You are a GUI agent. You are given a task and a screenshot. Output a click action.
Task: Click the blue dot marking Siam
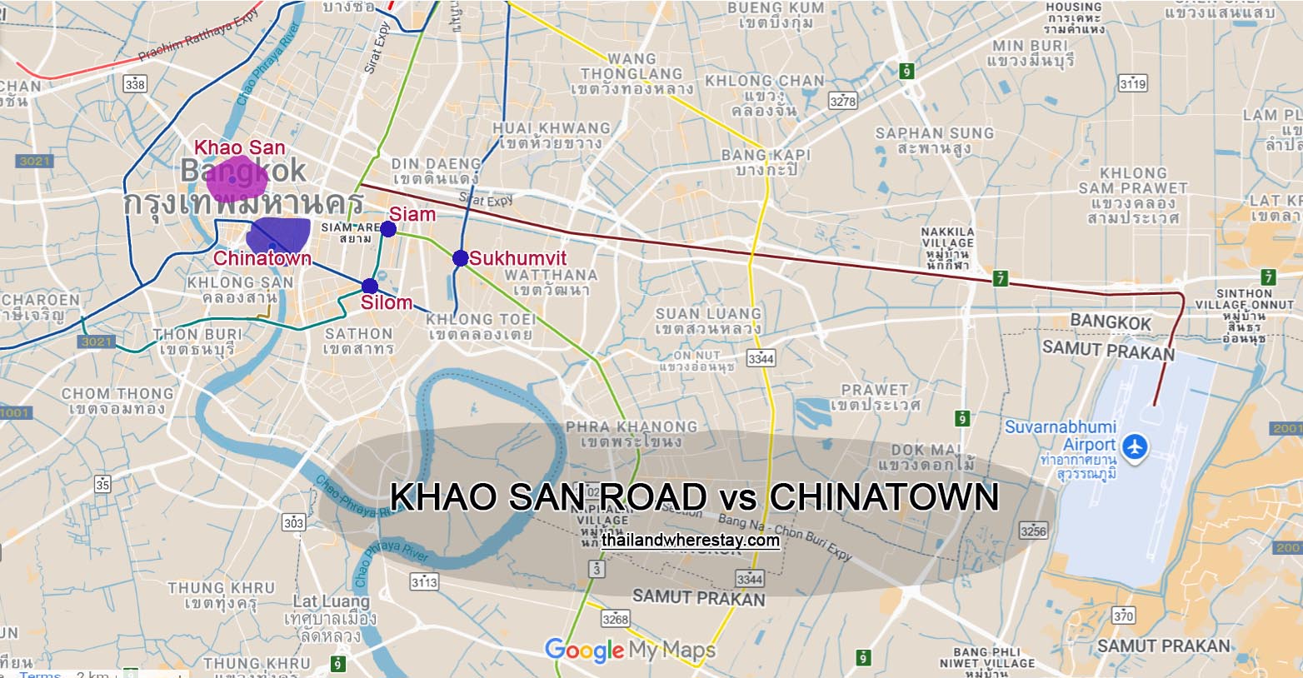(x=388, y=229)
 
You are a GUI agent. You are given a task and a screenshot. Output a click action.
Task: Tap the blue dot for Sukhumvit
(x=460, y=258)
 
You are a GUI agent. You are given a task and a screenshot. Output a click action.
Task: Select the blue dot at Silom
(x=370, y=286)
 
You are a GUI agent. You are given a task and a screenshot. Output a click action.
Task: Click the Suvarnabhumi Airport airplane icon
(x=1133, y=447)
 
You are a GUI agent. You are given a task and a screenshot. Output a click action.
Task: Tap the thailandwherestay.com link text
(x=691, y=541)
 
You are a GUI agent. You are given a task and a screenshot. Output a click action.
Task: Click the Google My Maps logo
(x=630, y=650)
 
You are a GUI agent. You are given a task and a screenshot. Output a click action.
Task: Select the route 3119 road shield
(x=1133, y=83)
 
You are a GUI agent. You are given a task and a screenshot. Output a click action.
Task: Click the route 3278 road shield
(x=843, y=101)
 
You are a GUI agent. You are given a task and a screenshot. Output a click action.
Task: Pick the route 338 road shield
(x=134, y=84)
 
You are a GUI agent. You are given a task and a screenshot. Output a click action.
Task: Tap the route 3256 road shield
(x=1033, y=530)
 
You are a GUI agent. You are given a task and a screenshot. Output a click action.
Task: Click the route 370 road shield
(x=1123, y=616)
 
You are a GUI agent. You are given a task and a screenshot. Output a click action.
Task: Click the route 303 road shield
(x=293, y=523)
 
